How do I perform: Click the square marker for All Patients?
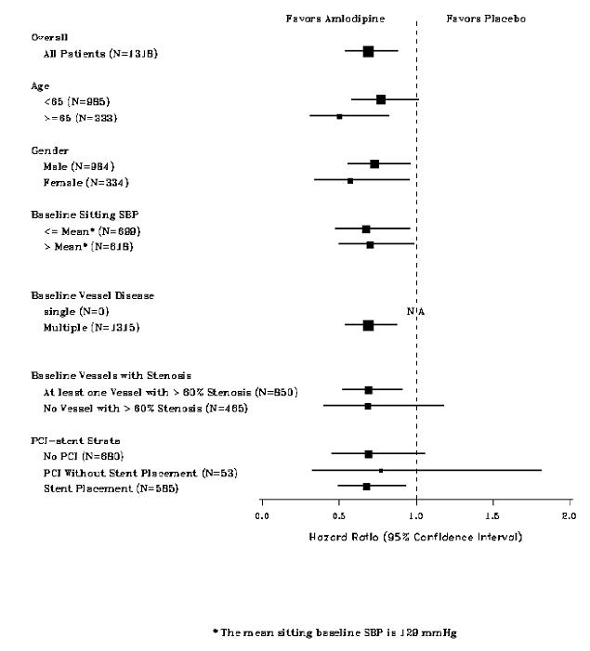[368, 52]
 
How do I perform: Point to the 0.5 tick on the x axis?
[339, 501]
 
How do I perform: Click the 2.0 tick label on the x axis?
[569, 514]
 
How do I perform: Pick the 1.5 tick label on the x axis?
[492, 514]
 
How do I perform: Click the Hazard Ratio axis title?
[415, 537]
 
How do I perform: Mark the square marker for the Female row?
[350, 180]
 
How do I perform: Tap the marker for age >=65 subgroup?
[339, 116]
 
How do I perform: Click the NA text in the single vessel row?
[415, 311]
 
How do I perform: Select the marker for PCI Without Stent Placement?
[381, 471]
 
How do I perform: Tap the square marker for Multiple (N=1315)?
[368, 326]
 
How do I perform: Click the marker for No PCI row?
[369, 454]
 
